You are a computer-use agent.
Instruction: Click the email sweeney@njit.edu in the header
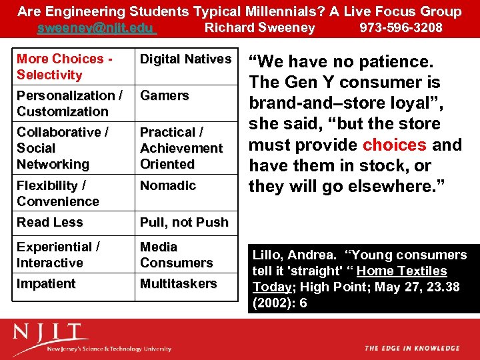pyautogui.click(x=97, y=28)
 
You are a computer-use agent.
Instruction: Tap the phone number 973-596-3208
pyautogui.click(x=401, y=28)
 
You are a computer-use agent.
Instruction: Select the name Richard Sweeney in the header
pyautogui.click(x=259, y=28)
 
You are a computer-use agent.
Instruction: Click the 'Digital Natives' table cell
pyautogui.click(x=185, y=59)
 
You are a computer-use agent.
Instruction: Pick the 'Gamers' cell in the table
pyautogui.click(x=164, y=96)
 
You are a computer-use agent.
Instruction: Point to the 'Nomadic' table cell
pyautogui.click(x=167, y=185)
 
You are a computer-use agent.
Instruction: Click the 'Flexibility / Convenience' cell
pyautogui.click(x=58, y=193)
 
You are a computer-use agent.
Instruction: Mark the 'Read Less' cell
pyautogui.click(x=50, y=222)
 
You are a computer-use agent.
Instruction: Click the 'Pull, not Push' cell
pyautogui.click(x=184, y=222)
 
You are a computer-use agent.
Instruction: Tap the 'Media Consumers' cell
pyautogui.click(x=176, y=255)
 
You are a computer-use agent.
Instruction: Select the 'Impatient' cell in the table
pyautogui.click(x=46, y=283)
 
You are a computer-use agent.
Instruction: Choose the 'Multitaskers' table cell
pyautogui.click(x=178, y=283)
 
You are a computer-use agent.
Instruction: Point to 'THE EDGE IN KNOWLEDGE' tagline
pyautogui.click(x=412, y=348)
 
